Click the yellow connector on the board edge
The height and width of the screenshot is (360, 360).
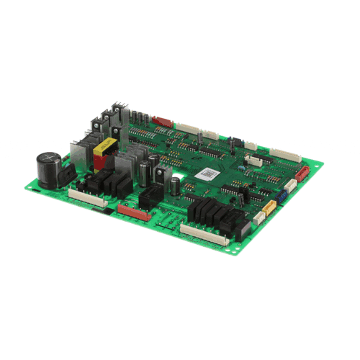click(x=269, y=207)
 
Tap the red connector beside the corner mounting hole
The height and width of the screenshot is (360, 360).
click(x=302, y=173)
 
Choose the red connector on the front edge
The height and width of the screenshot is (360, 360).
click(x=133, y=212)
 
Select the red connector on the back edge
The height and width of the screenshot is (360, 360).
click(x=163, y=121)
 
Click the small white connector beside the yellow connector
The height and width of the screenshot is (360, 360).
click(x=258, y=215)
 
